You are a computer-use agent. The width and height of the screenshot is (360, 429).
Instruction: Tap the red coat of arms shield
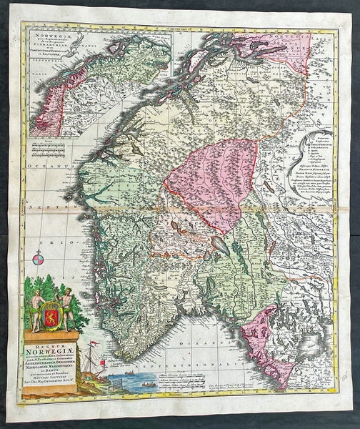pos(50,312)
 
